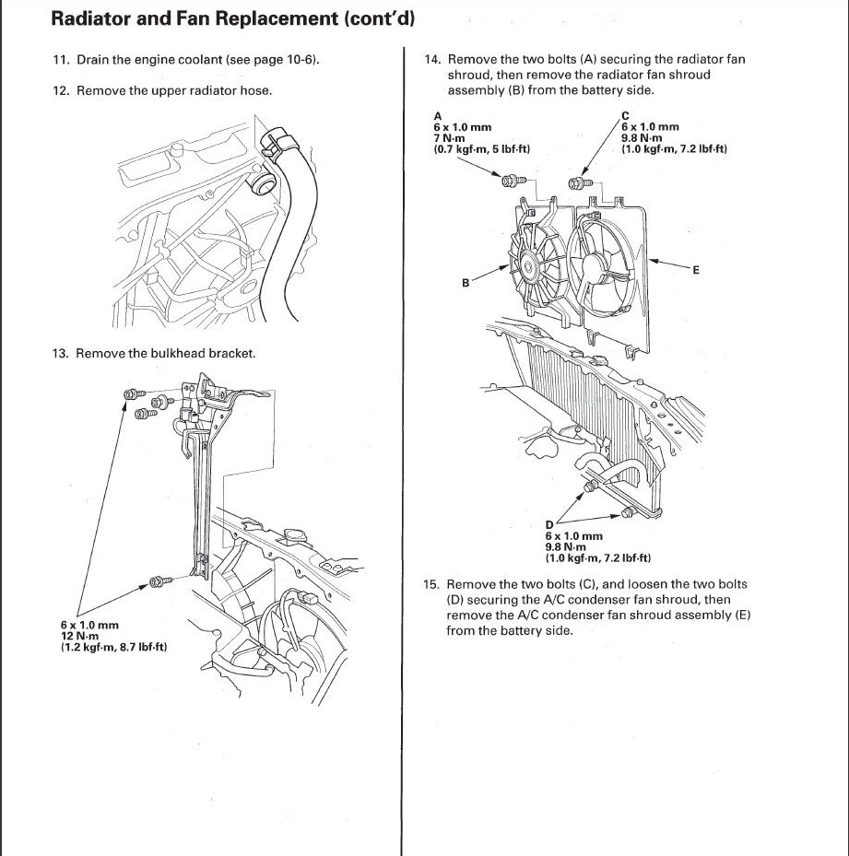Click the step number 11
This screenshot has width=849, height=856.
(61, 60)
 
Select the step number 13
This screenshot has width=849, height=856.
(61, 353)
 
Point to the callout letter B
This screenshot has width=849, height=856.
(466, 283)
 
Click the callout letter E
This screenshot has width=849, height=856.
(696, 270)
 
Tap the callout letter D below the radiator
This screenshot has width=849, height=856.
(549, 524)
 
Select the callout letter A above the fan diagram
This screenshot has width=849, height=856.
(438, 115)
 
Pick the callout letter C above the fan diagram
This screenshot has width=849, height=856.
(626, 115)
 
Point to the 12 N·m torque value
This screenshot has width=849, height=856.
(80, 636)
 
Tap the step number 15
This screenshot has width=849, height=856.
(430, 584)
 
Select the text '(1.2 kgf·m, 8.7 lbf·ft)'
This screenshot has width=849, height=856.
(113, 647)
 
